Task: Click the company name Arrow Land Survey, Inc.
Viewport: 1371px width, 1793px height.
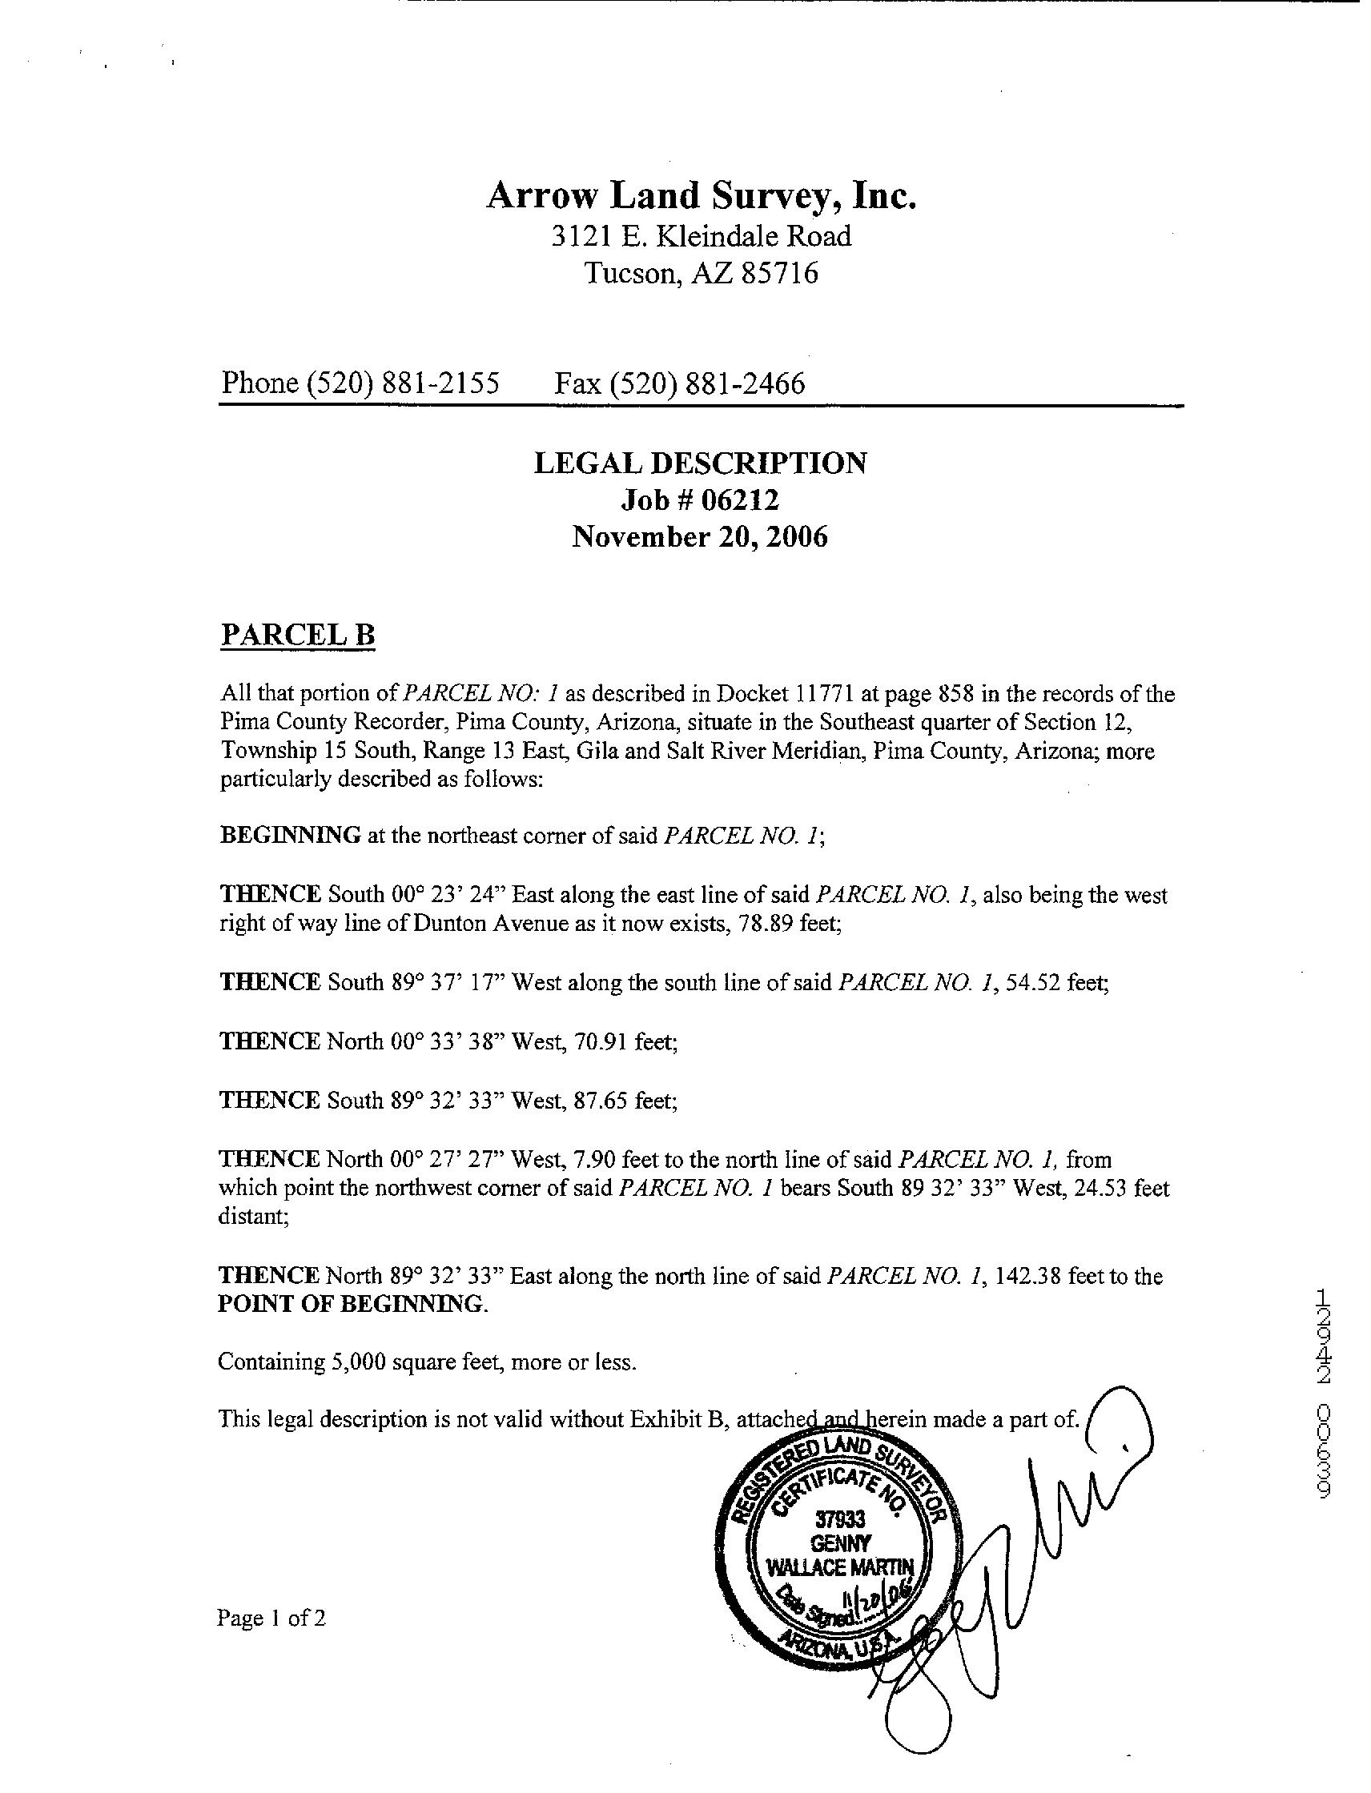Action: click(x=701, y=197)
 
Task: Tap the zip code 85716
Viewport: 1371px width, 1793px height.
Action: click(x=778, y=273)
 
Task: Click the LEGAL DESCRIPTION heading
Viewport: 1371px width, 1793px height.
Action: click(x=700, y=463)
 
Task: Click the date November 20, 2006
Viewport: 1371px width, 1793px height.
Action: click(x=699, y=537)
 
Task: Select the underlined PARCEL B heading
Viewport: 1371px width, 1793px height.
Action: click(x=298, y=635)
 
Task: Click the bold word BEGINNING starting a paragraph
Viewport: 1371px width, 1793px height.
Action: click(x=291, y=836)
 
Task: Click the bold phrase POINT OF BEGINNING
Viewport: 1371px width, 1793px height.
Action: click(x=352, y=1305)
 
